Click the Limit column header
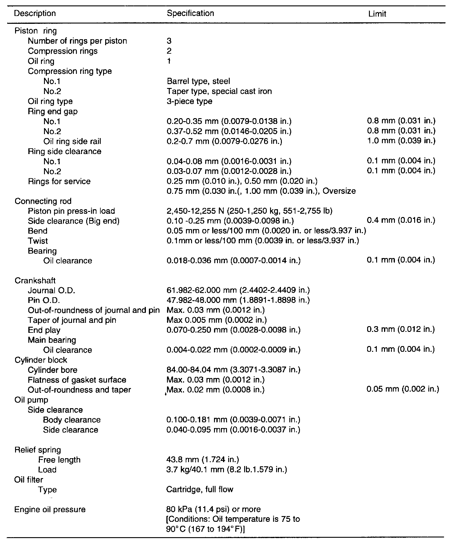click(x=377, y=14)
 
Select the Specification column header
click(x=190, y=13)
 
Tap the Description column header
click(x=35, y=14)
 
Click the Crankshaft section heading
click(x=35, y=281)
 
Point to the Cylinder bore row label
click(x=52, y=370)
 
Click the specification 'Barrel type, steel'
click(x=198, y=81)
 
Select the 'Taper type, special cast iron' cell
click(x=219, y=91)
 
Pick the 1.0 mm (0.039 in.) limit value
click(x=401, y=141)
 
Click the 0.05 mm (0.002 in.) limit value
click(x=403, y=389)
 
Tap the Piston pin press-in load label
click(x=71, y=211)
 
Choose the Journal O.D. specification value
click(x=238, y=290)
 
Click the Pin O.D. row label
click(x=44, y=300)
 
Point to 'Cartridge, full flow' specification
click(x=200, y=490)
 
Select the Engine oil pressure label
click(x=50, y=509)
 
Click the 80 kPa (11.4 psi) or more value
click(x=213, y=509)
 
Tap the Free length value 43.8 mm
click(x=203, y=460)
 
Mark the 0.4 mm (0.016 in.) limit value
click(x=401, y=220)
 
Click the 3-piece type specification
click(x=189, y=101)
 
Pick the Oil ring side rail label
click(x=72, y=141)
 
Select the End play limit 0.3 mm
click(x=401, y=329)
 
